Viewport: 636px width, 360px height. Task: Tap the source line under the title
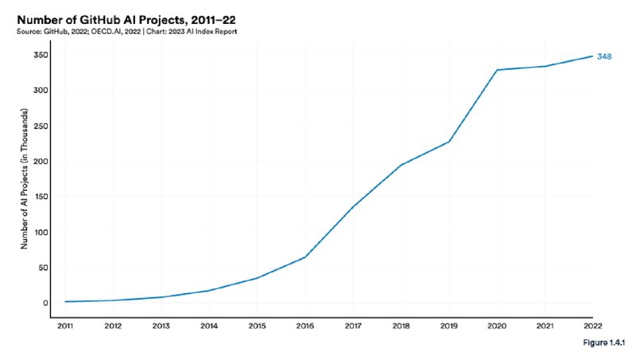[126, 32]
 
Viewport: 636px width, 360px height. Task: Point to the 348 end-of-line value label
[604, 56]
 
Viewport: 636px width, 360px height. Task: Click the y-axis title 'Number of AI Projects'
[25, 178]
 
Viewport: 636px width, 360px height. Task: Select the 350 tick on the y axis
[41, 55]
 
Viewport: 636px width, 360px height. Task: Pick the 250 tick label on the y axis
[41, 126]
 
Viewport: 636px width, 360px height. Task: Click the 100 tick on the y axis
[41, 232]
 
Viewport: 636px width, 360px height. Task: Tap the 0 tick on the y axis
[45, 303]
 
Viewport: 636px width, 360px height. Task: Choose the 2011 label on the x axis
[65, 326]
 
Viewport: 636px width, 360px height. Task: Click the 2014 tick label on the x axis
[209, 326]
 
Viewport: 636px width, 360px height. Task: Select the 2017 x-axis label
[353, 326]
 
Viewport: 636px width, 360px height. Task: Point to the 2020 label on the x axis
[497, 326]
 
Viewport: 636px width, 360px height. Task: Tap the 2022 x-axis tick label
[592, 326]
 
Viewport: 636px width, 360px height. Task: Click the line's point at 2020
[497, 70]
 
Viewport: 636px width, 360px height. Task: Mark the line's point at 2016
[305, 257]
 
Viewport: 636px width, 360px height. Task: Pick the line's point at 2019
[449, 141]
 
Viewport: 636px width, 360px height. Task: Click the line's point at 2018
[401, 165]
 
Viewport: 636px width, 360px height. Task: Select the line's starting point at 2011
[65, 302]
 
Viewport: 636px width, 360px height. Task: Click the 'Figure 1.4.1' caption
[604, 343]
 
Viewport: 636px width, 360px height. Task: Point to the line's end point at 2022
[592, 56]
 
